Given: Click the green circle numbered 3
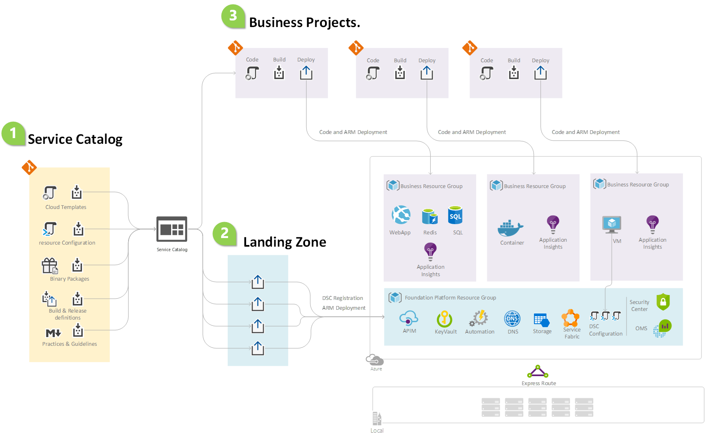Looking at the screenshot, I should coord(233,16).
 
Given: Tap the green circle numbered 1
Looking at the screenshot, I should coord(13,133).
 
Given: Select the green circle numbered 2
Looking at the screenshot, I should coord(224,233).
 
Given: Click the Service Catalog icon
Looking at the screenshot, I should coord(172,229).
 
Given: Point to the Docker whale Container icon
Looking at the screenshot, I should coord(510,228).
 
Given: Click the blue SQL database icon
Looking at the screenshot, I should coord(455,216).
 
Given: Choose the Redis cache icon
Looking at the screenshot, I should coord(429,216).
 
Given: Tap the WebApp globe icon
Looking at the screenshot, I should coord(401,215).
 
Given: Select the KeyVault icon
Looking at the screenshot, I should coord(445,319).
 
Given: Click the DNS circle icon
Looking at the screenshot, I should coord(512,318).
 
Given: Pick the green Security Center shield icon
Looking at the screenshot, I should coord(663,302).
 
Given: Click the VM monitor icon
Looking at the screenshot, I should coord(612,224).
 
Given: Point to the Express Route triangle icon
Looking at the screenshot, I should coord(538,372).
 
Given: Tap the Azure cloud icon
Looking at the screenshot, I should coord(375,360).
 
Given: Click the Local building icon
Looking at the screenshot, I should coord(377,418).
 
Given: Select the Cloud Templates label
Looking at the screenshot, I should coord(66,207).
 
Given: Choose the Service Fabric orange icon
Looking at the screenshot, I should coord(570,318).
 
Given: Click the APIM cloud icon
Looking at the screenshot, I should coord(409,318).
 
